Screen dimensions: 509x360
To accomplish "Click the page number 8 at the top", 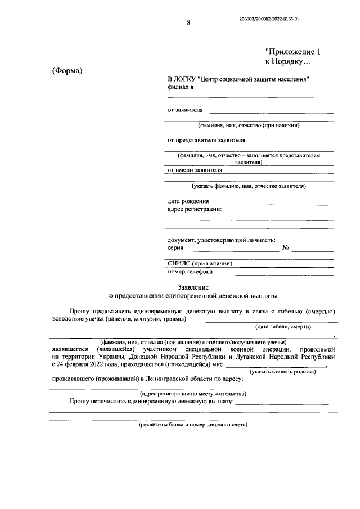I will [x=188, y=23].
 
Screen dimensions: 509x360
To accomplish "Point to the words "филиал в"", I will [x=181, y=88].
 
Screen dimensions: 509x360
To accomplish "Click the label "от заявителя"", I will [x=186, y=110].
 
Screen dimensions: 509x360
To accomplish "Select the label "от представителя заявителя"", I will [x=206, y=139].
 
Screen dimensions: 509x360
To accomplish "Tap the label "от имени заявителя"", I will [x=195, y=169].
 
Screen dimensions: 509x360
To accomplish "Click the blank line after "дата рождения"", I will [x=290, y=204].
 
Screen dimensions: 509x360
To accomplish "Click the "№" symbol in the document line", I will [x=286, y=247].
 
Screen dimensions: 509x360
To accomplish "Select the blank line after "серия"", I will [x=236, y=250].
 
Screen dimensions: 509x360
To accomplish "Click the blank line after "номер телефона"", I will [x=284, y=275].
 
